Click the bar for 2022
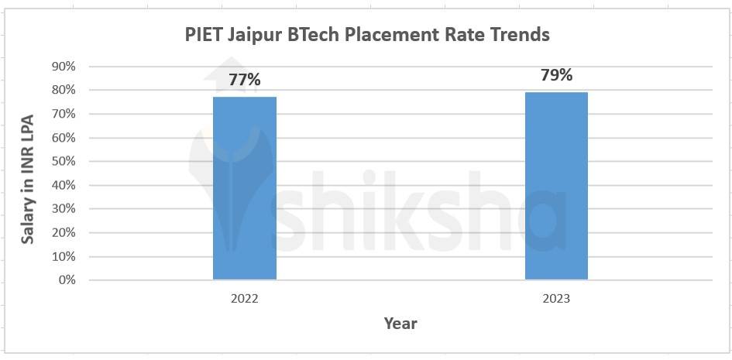click(x=245, y=188)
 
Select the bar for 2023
click(x=556, y=186)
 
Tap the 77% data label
click(x=245, y=79)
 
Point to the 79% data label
click(x=556, y=75)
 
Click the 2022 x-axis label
click(x=245, y=299)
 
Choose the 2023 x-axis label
click(x=556, y=299)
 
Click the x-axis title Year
click(x=400, y=324)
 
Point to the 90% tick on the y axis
click(x=64, y=67)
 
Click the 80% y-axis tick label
click(x=64, y=91)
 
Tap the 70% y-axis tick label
click(x=64, y=114)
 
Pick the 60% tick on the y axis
click(x=64, y=138)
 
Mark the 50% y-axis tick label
click(x=64, y=162)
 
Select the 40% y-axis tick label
click(x=64, y=185)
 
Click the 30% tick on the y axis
click(x=64, y=209)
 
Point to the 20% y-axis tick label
click(x=64, y=232)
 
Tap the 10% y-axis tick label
click(x=64, y=256)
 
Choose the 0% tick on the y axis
click(x=67, y=279)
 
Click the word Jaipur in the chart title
click(x=254, y=36)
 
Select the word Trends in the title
click(x=519, y=35)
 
